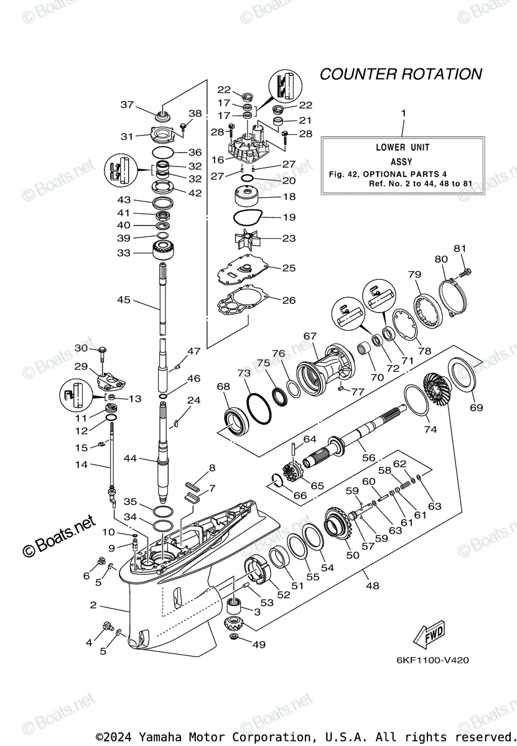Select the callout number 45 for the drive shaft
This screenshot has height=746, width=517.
pos(124,300)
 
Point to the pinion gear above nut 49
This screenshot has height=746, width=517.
pos(234,622)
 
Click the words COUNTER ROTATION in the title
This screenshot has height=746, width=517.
pos(401,74)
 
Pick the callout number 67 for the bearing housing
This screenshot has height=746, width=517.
pos(310,336)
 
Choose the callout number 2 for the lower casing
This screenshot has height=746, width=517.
pos(93,604)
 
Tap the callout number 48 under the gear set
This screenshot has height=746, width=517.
pos(373,585)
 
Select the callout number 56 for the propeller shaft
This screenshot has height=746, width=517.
pos(369,458)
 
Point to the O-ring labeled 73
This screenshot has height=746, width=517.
pos(258,410)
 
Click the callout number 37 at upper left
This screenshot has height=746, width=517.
pos(127,104)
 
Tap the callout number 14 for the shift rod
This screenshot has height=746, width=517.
pos(82,464)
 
